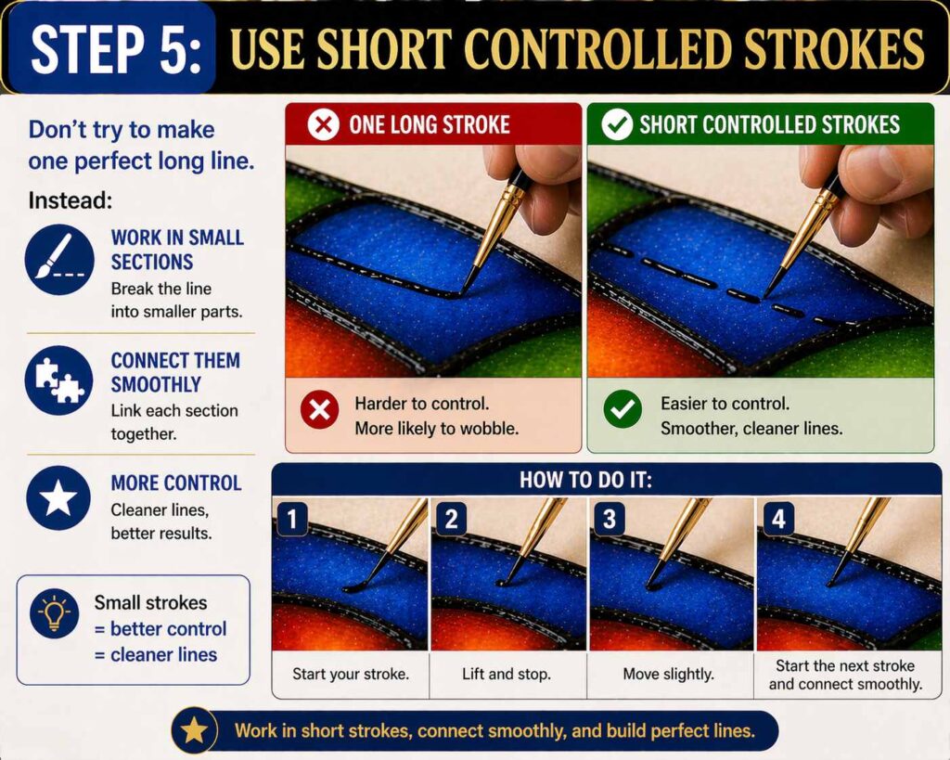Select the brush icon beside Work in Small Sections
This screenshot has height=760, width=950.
click(59, 260)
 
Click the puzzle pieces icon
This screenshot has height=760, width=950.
click(59, 380)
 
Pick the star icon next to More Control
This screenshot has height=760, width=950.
click(59, 498)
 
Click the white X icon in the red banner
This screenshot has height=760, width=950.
click(323, 125)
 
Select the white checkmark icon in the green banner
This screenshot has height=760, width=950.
click(616, 125)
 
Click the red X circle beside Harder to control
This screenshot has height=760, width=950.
click(319, 409)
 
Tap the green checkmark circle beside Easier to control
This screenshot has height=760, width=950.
click(622, 409)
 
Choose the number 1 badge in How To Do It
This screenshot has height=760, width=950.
click(291, 520)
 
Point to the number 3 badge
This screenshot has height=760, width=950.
click(609, 520)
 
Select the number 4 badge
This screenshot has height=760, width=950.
click(777, 520)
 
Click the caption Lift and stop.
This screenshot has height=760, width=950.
click(506, 674)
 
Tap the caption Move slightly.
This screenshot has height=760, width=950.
click(666, 674)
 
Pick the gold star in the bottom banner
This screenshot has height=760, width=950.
click(194, 730)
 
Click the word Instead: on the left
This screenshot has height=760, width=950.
click(70, 200)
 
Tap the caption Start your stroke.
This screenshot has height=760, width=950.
click(350, 674)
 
